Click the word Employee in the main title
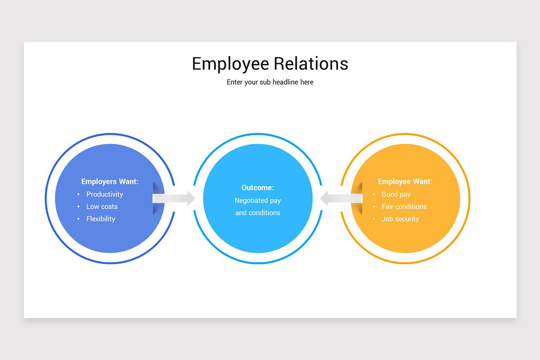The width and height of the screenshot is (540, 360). click(230, 64)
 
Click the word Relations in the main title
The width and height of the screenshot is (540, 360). click(311, 63)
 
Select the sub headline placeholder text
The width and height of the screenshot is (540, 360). click(270, 82)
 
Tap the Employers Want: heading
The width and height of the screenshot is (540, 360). click(110, 181)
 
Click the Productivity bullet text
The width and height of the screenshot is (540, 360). click(104, 194)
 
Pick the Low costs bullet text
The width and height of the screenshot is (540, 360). click(102, 207)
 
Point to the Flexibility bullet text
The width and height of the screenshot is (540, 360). click(101, 219)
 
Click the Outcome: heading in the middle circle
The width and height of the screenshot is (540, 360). click(258, 188)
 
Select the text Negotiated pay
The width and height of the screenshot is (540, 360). click(258, 201)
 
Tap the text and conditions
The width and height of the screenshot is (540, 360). click(258, 213)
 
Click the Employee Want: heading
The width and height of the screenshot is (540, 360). click(405, 181)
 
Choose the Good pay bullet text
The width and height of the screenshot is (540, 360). click(396, 194)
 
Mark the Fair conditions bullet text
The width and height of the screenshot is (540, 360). click(404, 207)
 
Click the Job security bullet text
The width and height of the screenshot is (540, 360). click(400, 219)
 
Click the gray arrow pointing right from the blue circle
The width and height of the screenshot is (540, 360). click(174, 198)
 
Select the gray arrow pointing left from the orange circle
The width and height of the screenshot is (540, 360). click(342, 198)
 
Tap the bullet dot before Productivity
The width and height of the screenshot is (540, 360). click(78, 194)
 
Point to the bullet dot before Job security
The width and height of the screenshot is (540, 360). click(373, 219)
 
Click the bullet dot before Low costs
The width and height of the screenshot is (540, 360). click(78, 207)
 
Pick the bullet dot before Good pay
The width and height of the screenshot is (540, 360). click(373, 194)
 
